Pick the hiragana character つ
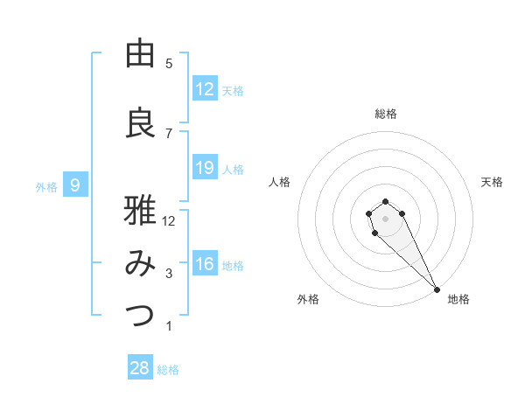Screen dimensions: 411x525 [x=140, y=316]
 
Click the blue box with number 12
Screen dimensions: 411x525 [x=205, y=89]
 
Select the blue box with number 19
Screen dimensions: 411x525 [x=205, y=168]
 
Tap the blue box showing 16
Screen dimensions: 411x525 [x=205, y=264]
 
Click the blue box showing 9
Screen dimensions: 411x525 [x=76, y=185]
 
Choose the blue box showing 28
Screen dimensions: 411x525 [x=140, y=368]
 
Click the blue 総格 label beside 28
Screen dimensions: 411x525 [x=168, y=370]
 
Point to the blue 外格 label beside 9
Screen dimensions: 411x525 [x=46, y=186]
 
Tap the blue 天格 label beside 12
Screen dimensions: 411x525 [x=233, y=91]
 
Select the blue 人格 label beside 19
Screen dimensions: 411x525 [x=233, y=169]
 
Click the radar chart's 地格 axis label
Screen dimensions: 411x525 [x=458, y=299]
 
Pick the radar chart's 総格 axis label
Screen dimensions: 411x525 [x=386, y=114]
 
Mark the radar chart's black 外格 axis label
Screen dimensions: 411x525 [x=308, y=299]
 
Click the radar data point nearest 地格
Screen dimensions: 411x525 [x=436, y=289]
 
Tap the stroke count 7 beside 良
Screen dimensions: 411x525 [x=169, y=133]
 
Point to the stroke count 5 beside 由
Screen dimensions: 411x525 [x=169, y=63]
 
